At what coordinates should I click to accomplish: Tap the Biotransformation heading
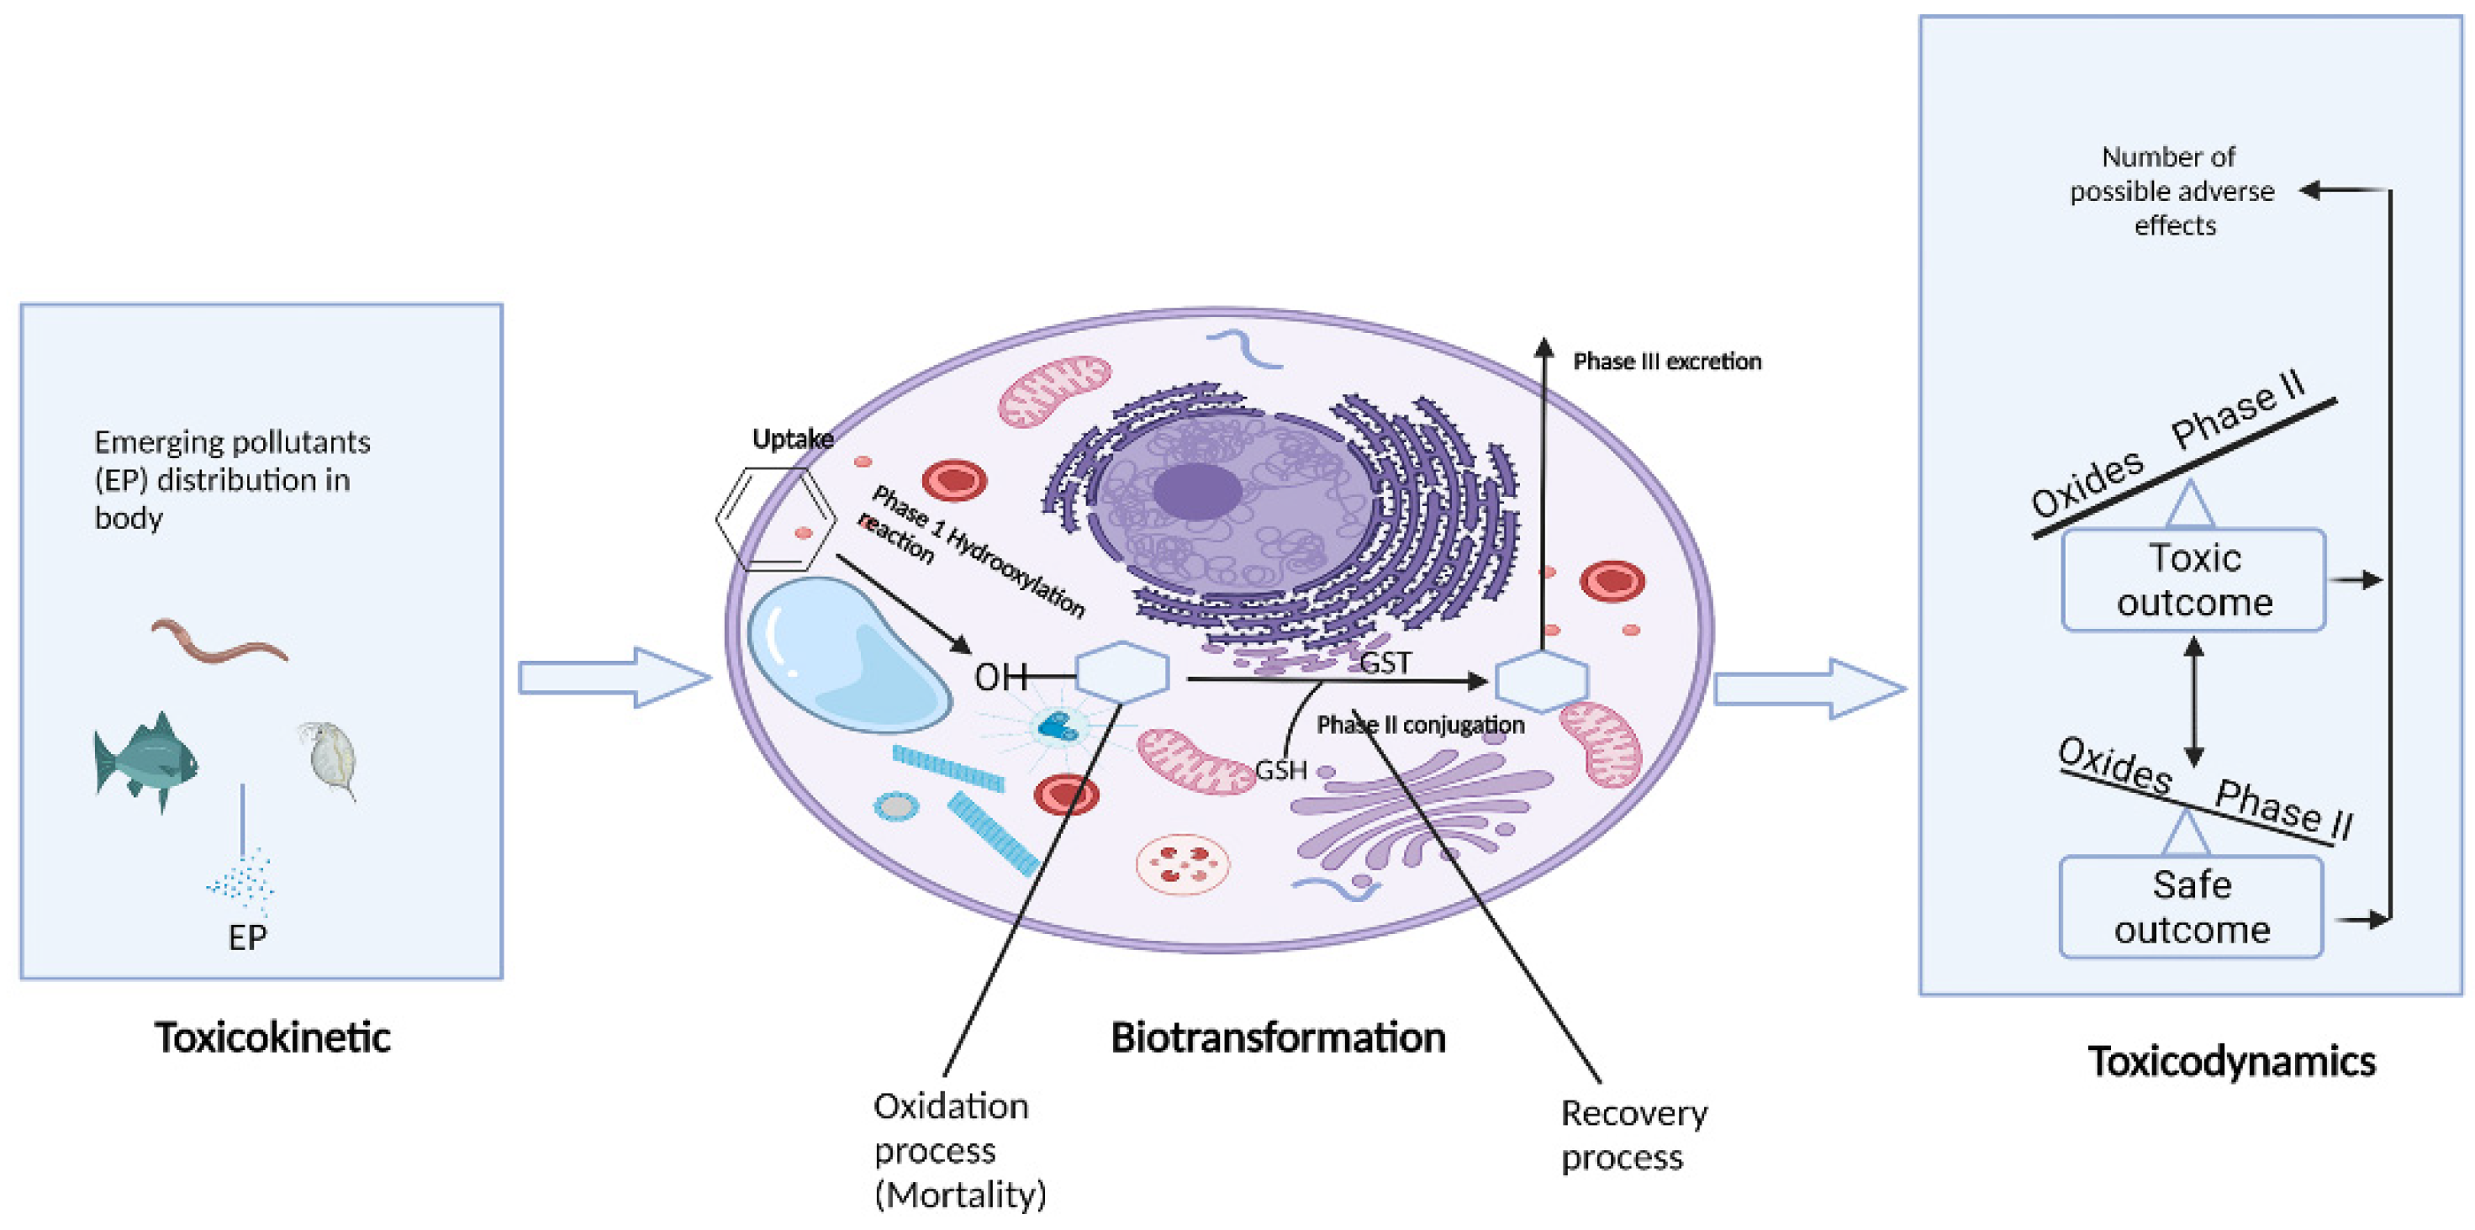1277,1037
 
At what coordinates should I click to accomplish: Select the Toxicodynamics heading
2231,1062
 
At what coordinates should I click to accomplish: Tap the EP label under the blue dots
247,937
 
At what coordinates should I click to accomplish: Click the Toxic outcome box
2193,580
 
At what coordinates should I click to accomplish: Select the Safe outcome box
2191,907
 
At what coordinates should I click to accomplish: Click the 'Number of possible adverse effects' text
2172,190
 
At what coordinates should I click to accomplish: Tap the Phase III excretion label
1666,362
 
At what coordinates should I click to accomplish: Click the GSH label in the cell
1280,770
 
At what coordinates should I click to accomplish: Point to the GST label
1385,663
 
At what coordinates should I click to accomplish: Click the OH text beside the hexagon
1000,678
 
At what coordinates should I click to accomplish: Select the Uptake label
792,439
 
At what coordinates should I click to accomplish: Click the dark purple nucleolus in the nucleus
1196,490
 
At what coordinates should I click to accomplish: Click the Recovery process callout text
1633,1135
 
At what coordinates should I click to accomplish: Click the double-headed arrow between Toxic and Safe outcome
2193,701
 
